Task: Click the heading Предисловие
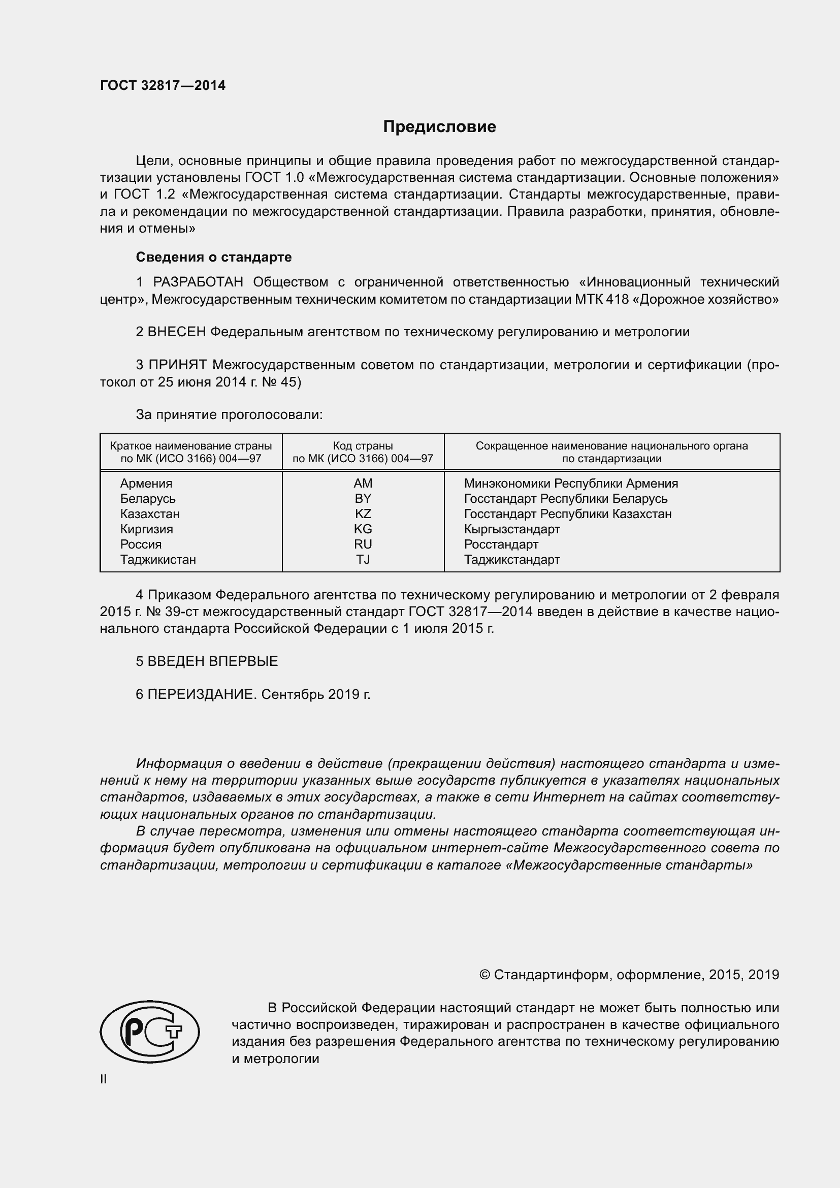tap(439, 127)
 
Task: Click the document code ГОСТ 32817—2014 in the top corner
tap(163, 86)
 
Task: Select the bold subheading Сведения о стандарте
tap(214, 257)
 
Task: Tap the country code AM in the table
tap(363, 483)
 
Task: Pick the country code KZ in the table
tap(363, 514)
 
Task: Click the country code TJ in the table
tap(363, 559)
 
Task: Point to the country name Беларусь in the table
tap(148, 499)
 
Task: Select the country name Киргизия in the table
tap(146, 529)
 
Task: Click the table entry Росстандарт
tap(501, 544)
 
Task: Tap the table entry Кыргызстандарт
tap(511, 529)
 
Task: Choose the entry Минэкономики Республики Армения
tap(570, 483)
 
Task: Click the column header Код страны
tap(363, 446)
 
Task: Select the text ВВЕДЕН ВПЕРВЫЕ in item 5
tap(213, 661)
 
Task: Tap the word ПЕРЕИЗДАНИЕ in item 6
tap(202, 694)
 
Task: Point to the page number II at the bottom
tap(104, 1079)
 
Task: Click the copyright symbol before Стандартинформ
tap(484, 975)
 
